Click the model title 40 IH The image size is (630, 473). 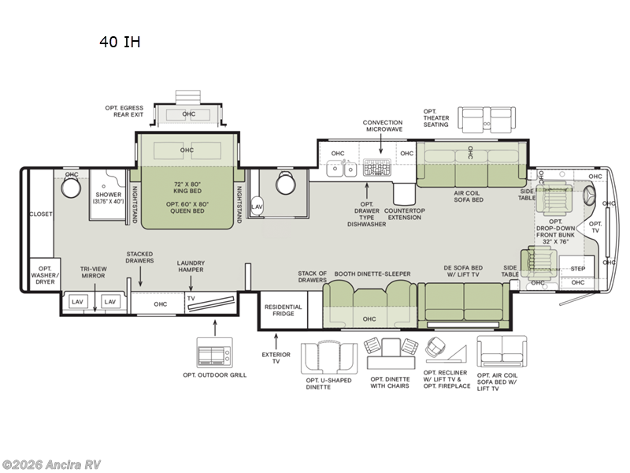click(x=120, y=42)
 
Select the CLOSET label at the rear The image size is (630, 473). click(x=41, y=214)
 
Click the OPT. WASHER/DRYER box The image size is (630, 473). click(x=44, y=274)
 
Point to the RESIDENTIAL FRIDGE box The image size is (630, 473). click(x=283, y=310)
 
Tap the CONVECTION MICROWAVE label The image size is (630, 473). click(x=383, y=126)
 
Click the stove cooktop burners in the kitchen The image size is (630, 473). click(x=378, y=168)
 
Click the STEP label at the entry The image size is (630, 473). click(x=578, y=268)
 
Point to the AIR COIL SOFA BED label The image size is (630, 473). click(x=468, y=196)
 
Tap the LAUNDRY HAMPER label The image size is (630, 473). click(x=191, y=266)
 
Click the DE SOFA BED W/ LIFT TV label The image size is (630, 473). click(x=462, y=273)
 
